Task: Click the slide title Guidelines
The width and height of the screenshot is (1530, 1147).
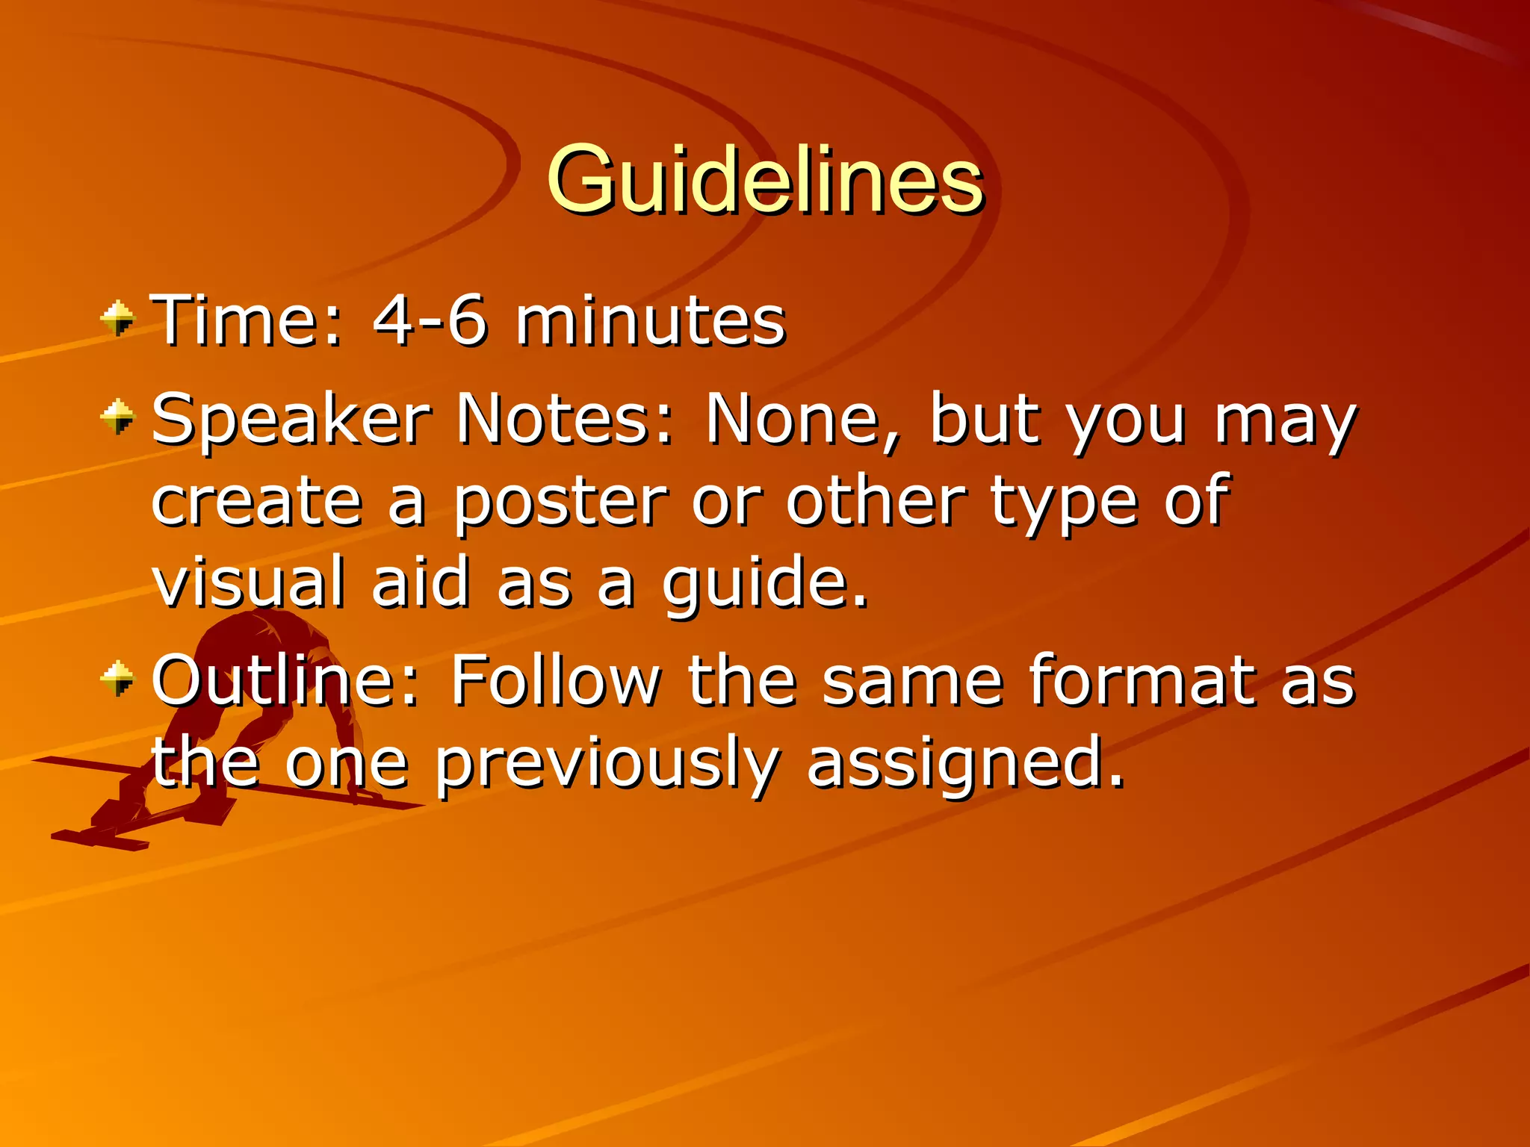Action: [x=765, y=179]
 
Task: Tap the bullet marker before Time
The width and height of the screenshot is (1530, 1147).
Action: [x=118, y=319]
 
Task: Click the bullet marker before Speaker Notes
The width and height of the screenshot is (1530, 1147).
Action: [x=118, y=417]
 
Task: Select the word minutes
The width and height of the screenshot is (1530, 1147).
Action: [x=650, y=321]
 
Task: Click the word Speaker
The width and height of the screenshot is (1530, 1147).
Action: [x=291, y=420]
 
